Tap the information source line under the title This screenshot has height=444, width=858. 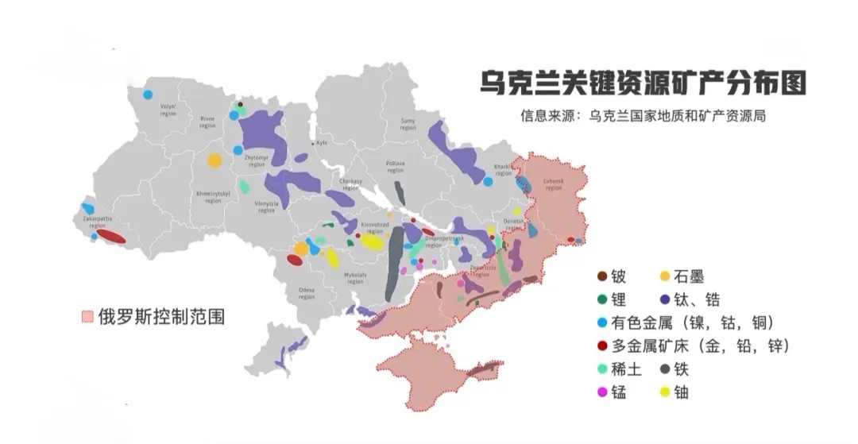643,116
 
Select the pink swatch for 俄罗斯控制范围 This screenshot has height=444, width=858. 87,316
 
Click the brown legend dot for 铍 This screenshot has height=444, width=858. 602,277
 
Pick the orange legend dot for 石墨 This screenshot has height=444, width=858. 666,277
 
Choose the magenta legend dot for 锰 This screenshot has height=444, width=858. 602,392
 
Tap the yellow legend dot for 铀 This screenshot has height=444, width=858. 666,392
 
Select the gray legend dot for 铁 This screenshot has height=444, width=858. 666,369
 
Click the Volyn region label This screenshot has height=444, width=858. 168,110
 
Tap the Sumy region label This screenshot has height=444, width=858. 408,124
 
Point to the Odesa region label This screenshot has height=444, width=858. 307,294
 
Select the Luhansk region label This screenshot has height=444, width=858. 553,185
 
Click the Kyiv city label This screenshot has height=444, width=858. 322,143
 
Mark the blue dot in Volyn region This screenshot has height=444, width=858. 148,95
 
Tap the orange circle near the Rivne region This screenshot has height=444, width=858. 214,161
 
